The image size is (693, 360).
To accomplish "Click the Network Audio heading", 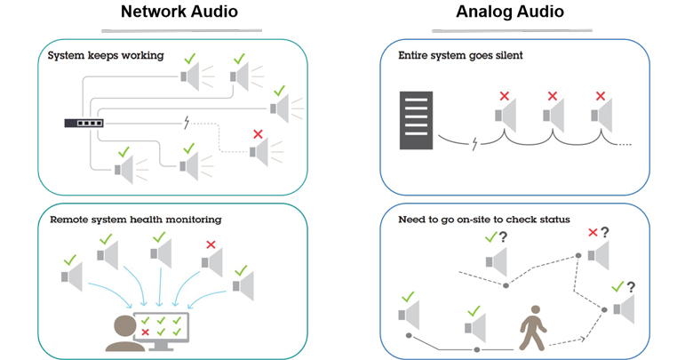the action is coord(179,12).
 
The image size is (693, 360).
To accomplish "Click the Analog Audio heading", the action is coord(510,12).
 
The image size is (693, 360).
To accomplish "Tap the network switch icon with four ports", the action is coord(84,123).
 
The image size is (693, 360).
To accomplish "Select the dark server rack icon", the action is coord(416,120).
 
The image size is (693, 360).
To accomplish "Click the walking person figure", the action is coord(533,328).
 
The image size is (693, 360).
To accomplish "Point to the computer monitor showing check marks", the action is coord(162,331).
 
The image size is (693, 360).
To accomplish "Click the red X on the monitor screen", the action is coord(145,332).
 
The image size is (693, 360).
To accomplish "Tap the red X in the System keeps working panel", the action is coord(259,134).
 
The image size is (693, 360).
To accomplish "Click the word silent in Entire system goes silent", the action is coord(510,55).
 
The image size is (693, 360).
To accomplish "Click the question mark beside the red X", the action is coord(605,232).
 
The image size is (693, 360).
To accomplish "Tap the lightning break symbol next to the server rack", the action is coord(474,144).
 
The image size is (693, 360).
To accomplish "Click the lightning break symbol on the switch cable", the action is coord(187,123).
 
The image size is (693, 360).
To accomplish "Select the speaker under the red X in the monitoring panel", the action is coord(211,262).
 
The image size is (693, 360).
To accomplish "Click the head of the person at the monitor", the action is coord(124,327).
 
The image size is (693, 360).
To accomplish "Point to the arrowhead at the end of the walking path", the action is coord(583,339).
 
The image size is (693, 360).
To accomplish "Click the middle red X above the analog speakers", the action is coord(553,96).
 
